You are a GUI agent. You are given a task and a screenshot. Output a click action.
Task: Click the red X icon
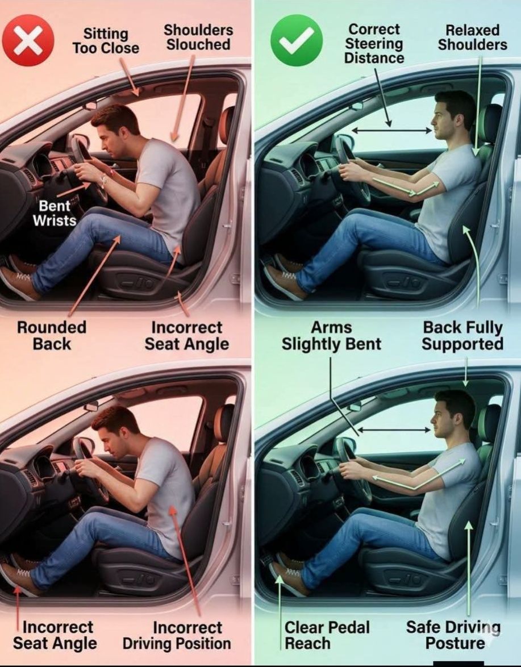tap(28, 40)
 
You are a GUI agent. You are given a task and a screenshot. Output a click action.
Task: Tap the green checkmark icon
tap(297, 40)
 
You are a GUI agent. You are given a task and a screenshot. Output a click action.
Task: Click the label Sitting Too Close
tap(106, 41)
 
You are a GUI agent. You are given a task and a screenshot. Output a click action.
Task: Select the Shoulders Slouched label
tap(198, 37)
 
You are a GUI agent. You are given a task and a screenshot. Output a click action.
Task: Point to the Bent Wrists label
tap(55, 213)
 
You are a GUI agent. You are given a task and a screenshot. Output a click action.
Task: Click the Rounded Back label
tap(52, 336)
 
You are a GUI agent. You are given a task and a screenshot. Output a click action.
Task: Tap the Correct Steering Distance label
tap(374, 43)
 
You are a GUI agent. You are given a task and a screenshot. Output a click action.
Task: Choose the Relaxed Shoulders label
tap(473, 37)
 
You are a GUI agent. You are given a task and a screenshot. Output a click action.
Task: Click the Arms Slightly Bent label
tap(331, 336)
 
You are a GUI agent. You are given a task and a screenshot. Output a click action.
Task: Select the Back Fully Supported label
tap(462, 336)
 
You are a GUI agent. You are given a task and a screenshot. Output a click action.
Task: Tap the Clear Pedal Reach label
tap(327, 635)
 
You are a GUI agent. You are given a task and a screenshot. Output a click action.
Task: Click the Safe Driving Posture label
tap(453, 635)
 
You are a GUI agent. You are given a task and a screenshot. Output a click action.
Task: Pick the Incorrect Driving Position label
tap(177, 635)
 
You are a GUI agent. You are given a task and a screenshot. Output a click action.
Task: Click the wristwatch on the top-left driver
tap(103, 182)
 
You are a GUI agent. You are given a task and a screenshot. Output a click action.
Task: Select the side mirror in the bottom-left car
tap(91, 407)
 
